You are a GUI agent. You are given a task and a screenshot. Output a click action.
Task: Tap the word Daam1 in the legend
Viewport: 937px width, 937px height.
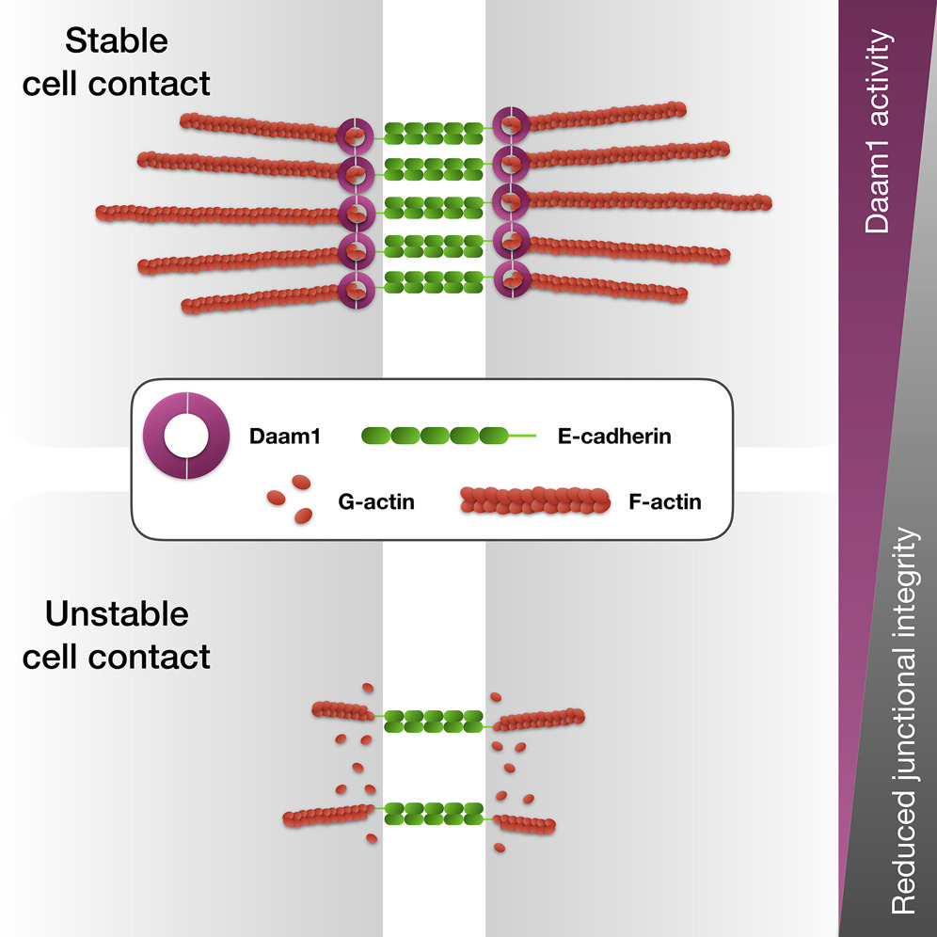[x=284, y=437]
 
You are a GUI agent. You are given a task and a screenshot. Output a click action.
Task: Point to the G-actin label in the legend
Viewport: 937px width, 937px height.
[x=375, y=501]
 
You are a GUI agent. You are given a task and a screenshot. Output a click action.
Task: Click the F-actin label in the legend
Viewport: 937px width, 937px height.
[x=664, y=501]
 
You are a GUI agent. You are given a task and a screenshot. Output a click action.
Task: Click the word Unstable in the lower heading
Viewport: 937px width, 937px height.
[x=117, y=615]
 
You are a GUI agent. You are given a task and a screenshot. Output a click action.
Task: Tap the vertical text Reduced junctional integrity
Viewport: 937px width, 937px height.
[x=903, y=720]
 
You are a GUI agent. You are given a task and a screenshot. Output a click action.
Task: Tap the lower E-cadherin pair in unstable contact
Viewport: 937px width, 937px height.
[x=434, y=813]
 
